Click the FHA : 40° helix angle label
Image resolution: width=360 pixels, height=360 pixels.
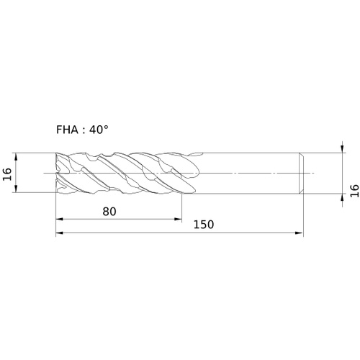pos(82,130)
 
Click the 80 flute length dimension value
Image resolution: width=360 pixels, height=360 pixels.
pos(109,212)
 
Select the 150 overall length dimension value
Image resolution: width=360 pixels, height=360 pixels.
pos(204,225)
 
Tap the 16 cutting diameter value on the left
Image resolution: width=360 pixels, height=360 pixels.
pos(7,174)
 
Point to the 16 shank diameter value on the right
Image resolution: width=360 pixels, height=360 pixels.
pos(354,191)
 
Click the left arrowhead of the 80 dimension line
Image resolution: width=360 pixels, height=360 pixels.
pos(59,219)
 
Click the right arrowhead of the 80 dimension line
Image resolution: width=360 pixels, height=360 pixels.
pos(178,219)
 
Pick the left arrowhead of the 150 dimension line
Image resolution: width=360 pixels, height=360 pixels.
pos(59,233)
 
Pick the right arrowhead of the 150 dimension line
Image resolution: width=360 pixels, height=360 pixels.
pos(300,233)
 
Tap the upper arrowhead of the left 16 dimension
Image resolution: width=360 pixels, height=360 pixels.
pos(16,156)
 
